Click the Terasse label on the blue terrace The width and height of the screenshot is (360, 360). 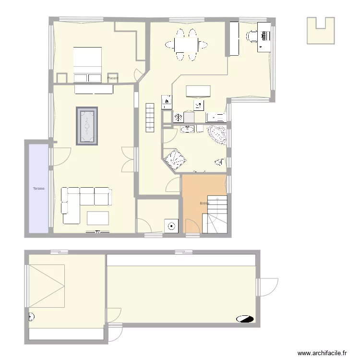pos(39,189)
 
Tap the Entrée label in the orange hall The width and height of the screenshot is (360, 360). pos(204,204)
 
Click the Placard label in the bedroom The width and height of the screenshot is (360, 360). pos(113,78)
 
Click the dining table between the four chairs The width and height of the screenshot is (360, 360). pos(187,45)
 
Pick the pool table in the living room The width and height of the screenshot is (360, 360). pos(87,126)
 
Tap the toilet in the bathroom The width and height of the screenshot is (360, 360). pos(219,162)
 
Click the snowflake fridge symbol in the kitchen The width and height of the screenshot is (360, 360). pos(178,117)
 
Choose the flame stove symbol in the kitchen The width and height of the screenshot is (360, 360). pos(167,101)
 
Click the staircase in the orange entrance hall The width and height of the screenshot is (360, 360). pos(215,215)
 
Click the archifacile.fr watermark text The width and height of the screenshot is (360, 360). pos(322,353)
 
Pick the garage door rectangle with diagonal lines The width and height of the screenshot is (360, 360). pos(47,286)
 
